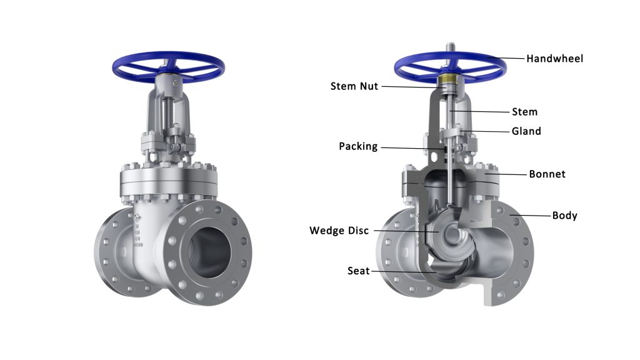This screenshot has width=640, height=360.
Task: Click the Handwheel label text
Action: [554, 59]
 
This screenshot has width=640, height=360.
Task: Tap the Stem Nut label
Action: [354, 86]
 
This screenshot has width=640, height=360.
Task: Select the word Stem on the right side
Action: [524, 112]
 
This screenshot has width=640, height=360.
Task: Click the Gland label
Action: [526, 131]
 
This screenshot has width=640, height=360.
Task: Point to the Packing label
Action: [358, 146]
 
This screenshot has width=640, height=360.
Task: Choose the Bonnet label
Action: [547, 174]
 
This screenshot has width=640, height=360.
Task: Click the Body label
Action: [564, 216]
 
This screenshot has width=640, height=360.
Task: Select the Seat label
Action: [358, 271]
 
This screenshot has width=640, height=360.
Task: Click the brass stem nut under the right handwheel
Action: [449, 82]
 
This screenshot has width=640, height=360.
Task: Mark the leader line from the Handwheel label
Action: [506, 58]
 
